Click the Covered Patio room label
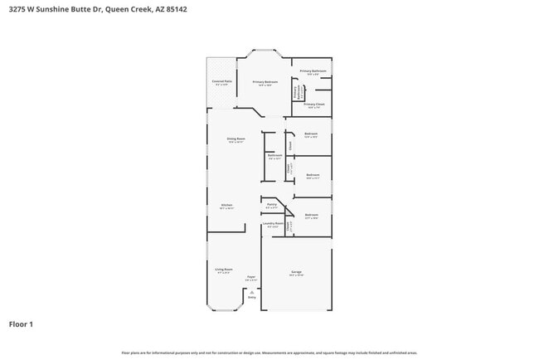[x=222, y=81]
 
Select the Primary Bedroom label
[x=265, y=82]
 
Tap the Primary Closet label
[x=314, y=104]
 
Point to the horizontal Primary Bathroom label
[x=313, y=71]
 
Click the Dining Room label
[x=236, y=139]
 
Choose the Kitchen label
[x=226, y=206]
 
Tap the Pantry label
[x=271, y=203]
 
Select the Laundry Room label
[x=273, y=223]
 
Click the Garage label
[x=296, y=271]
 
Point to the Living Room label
[x=223, y=269]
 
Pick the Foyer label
[x=250, y=277]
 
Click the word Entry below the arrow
[x=252, y=296]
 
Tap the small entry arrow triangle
[x=252, y=291]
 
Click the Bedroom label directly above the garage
[x=312, y=216]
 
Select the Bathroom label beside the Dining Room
[x=274, y=155]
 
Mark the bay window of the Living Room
[x=224, y=308]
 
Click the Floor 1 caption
[x=21, y=324]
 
